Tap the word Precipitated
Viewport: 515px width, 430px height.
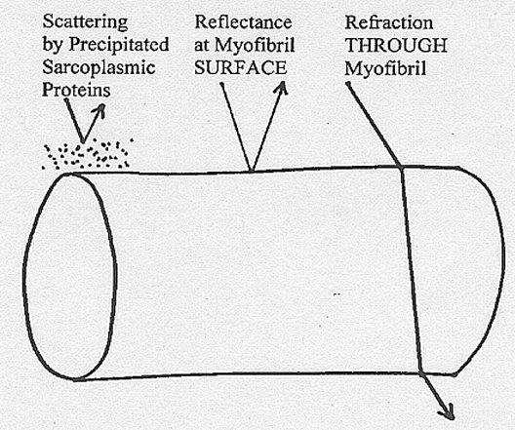pyautogui.click(x=119, y=45)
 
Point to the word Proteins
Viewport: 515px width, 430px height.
pyautogui.click(x=76, y=90)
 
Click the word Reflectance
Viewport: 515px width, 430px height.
pyautogui.click(x=243, y=22)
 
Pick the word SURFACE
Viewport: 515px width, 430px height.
pyautogui.click(x=240, y=68)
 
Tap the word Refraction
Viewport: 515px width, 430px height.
pyautogui.click(x=389, y=23)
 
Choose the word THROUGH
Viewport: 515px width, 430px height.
pyautogui.click(x=396, y=46)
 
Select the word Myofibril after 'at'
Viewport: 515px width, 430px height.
pyautogui.click(x=255, y=46)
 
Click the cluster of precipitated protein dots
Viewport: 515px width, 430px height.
pyautogui.click(x=88, y=154)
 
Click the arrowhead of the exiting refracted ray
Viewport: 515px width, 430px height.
pyautogui.click(x=448, y=412)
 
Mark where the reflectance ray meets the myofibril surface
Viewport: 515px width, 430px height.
pyautogui.click(x=252, y=171)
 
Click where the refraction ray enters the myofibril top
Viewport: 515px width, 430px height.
pyautogui.click(x=401, y=168)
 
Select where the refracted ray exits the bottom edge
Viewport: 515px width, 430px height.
pyautogui.click(x=420, y=373)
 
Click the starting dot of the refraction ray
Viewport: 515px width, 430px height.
pyautogui.click(x=348, y=84)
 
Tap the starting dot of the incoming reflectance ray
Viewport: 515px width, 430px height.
pyautogui.click(x=222, y=84)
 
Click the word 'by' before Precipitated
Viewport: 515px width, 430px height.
pyautogui.click(x=53, y=45)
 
